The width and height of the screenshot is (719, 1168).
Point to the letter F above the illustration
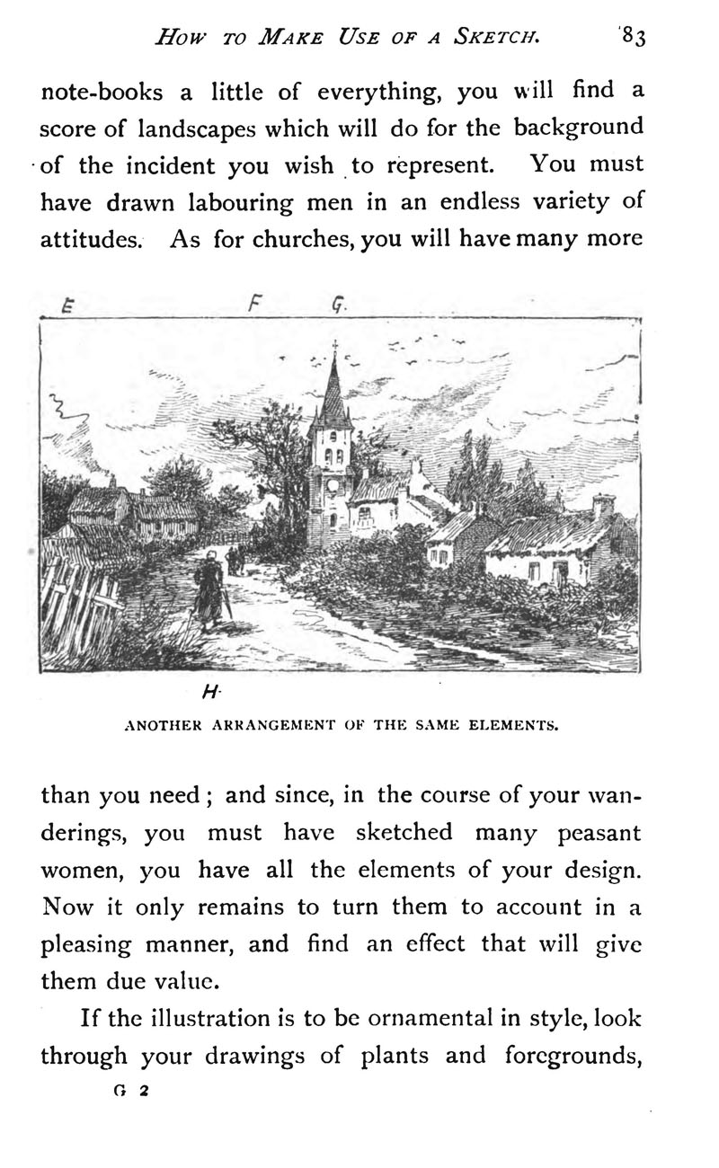(x=254, y=303)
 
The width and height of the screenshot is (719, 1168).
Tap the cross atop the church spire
(x=335, y=346)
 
